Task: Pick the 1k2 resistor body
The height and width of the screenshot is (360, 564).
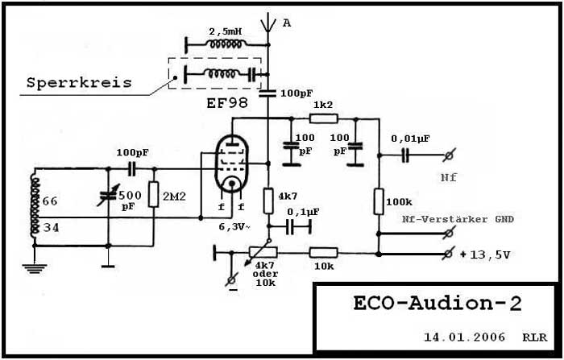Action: [323, 118]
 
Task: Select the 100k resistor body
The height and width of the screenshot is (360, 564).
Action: [379, 201]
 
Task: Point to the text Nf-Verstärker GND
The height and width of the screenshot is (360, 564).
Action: [457, 219]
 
